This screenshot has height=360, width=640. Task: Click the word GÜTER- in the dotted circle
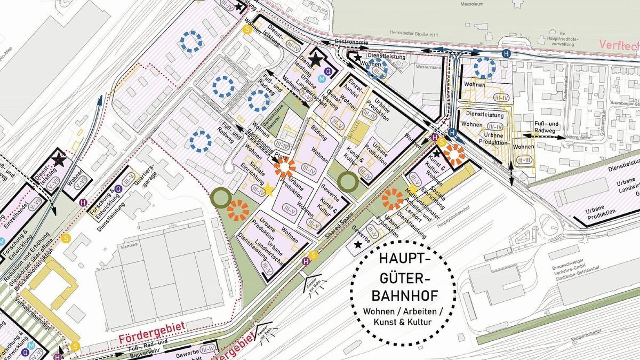(x=403, y=277)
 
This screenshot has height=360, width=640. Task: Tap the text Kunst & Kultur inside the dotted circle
(x=403, y=322)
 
